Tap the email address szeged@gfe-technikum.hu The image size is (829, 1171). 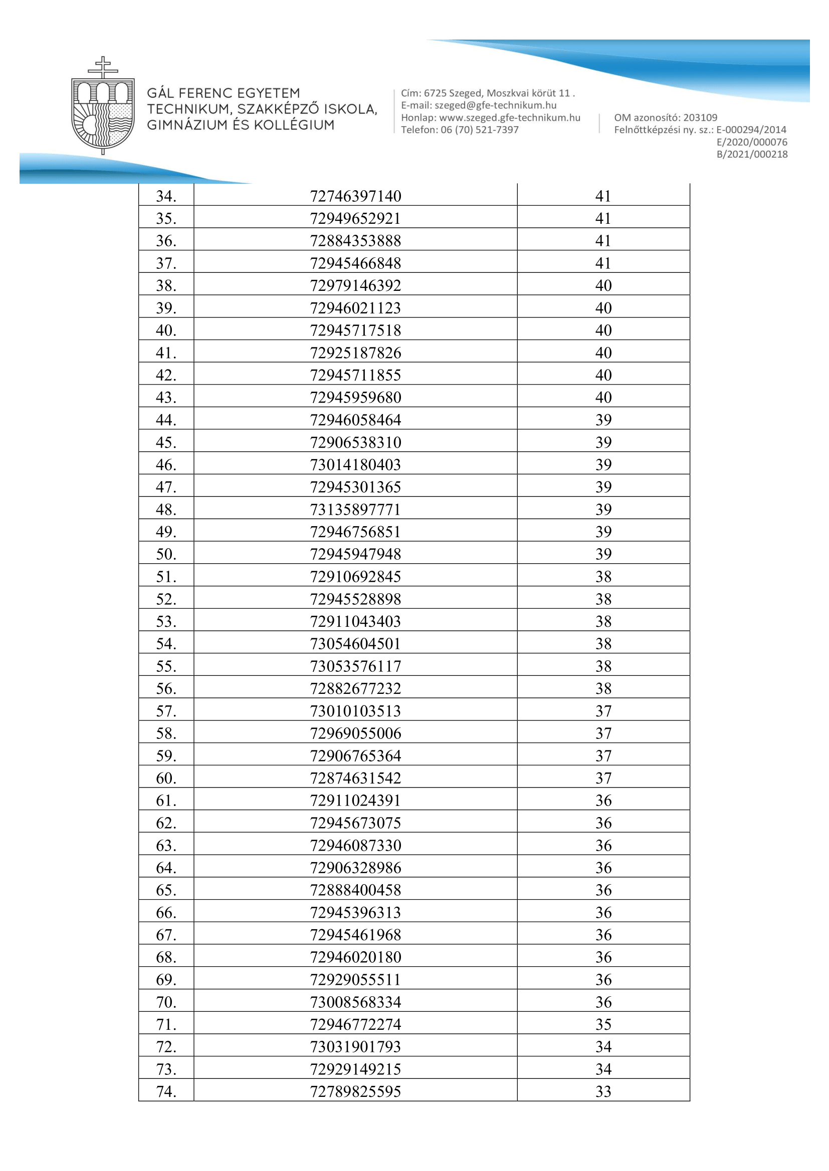(x=495, y=106)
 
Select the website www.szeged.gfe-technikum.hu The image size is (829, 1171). (x=509, y=118)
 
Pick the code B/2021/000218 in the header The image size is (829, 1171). (x=752, y=155)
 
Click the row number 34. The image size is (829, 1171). (x=166, y=196)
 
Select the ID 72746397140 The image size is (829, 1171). (x=355, y=196)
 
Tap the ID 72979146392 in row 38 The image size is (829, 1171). (x=355, y=285)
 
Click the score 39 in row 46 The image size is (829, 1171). (x=603, y=465)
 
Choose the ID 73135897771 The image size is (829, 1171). (x=355, y=510)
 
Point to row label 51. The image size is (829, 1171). (x=166, y=577)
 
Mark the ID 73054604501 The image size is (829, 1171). (x=355, y=644)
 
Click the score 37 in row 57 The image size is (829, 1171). (x=603, y=711)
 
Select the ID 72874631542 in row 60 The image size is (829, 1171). (x=355, y=778)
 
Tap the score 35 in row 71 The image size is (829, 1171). (x=603, y=1024)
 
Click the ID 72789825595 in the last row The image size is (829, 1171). (x=355, y=1091)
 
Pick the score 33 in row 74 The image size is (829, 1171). (x=603, y=1091)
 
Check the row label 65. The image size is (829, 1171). (x=166, y=890)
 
